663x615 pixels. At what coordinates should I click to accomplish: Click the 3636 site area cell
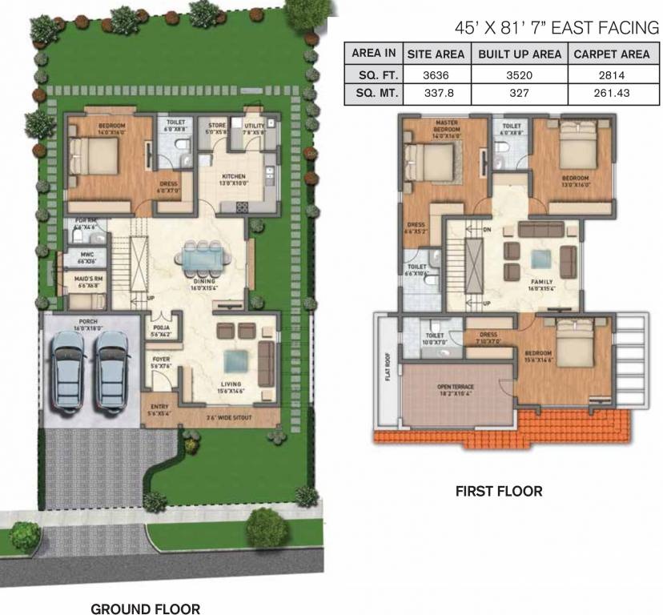pos(437,74)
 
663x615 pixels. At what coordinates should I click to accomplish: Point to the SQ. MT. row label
pos(374,93)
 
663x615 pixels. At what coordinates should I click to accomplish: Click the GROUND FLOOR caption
pos(145,608)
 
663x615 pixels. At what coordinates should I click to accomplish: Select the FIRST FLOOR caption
pos(498,491)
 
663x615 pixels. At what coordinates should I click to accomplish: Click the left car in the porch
pos(67,368)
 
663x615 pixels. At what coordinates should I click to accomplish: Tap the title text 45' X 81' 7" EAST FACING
pos(556,27)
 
